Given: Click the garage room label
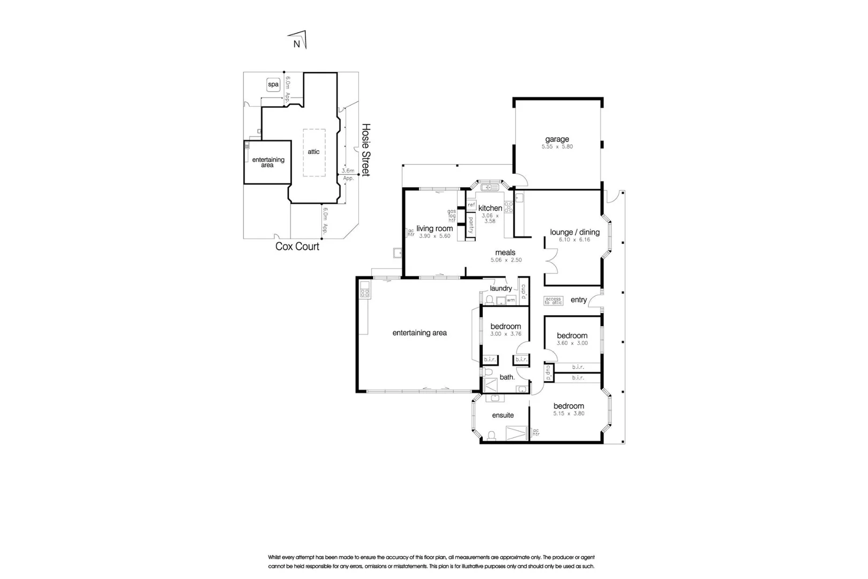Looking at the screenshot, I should point(557,139).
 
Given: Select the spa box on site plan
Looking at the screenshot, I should point(273,85).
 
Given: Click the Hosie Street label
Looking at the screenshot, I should point(366,150).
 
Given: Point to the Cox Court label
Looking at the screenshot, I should point(297,247).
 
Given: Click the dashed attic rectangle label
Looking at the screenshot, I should point(313,152).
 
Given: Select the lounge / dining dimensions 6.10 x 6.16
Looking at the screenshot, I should point(574,240).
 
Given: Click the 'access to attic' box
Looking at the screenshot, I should point(553,301).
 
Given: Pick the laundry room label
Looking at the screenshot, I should point(500,288).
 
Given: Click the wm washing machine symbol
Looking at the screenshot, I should point(511,300).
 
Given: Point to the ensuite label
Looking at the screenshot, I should point(503,415).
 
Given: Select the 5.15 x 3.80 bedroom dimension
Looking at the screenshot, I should point(568,413).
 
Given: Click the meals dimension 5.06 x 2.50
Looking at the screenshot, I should point(506,260).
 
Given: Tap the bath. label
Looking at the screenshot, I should point(507,377).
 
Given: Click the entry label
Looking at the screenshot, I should point(579,300).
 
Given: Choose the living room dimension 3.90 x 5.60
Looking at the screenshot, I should point(435,236).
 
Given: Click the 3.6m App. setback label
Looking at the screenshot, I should point(348,174).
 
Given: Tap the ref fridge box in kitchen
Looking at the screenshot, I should point(471,205).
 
